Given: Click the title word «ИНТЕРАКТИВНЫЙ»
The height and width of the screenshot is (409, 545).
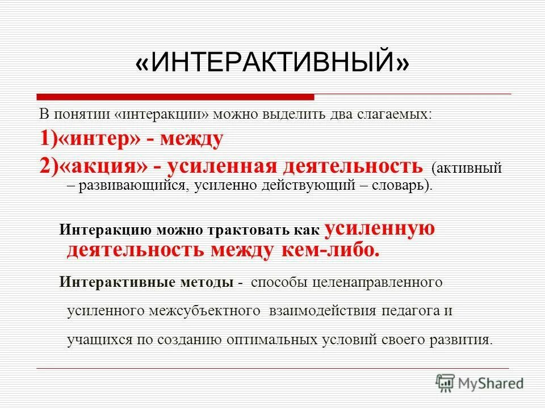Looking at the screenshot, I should (x=272, y=63).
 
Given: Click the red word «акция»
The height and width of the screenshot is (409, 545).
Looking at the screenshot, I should (x=103, y=166).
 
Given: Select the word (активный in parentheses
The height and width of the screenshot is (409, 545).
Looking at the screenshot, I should (x=467, y=168).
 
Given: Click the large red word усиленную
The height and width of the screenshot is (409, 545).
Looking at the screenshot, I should (x=379, y=229).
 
